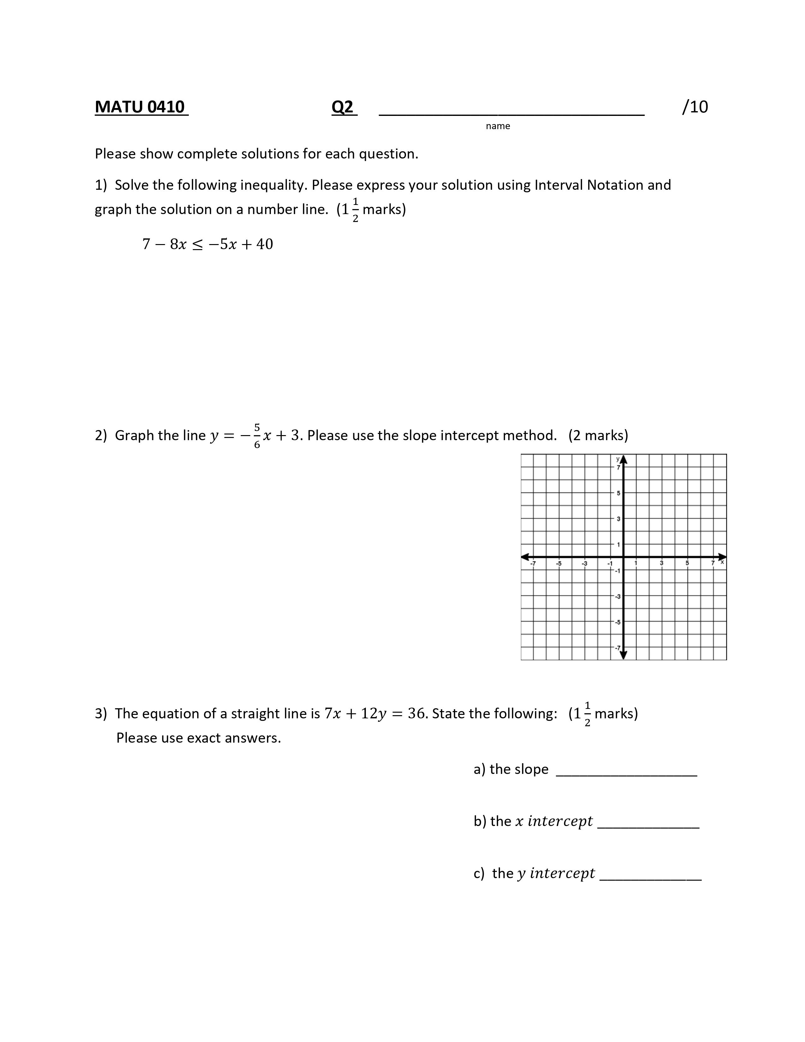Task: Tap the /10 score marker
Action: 695,107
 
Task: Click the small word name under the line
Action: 498,126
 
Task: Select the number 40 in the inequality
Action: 265,244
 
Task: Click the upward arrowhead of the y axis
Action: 623,459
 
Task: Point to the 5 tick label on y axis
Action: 618,493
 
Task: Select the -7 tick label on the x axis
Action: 533,563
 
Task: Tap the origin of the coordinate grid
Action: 623,557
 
